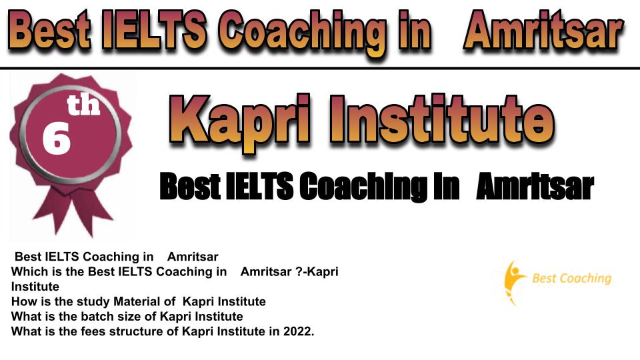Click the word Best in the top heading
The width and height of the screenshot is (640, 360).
49,30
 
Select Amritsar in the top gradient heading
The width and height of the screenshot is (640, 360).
543,30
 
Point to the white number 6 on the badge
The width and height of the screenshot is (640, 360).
56,139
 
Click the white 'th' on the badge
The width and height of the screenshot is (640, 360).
83,105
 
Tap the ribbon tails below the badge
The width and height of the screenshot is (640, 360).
73,212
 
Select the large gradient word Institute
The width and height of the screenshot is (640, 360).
442,119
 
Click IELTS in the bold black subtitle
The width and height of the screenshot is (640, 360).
259,187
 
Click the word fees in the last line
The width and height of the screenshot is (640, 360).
93,331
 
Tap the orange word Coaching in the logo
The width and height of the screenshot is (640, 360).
586,279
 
